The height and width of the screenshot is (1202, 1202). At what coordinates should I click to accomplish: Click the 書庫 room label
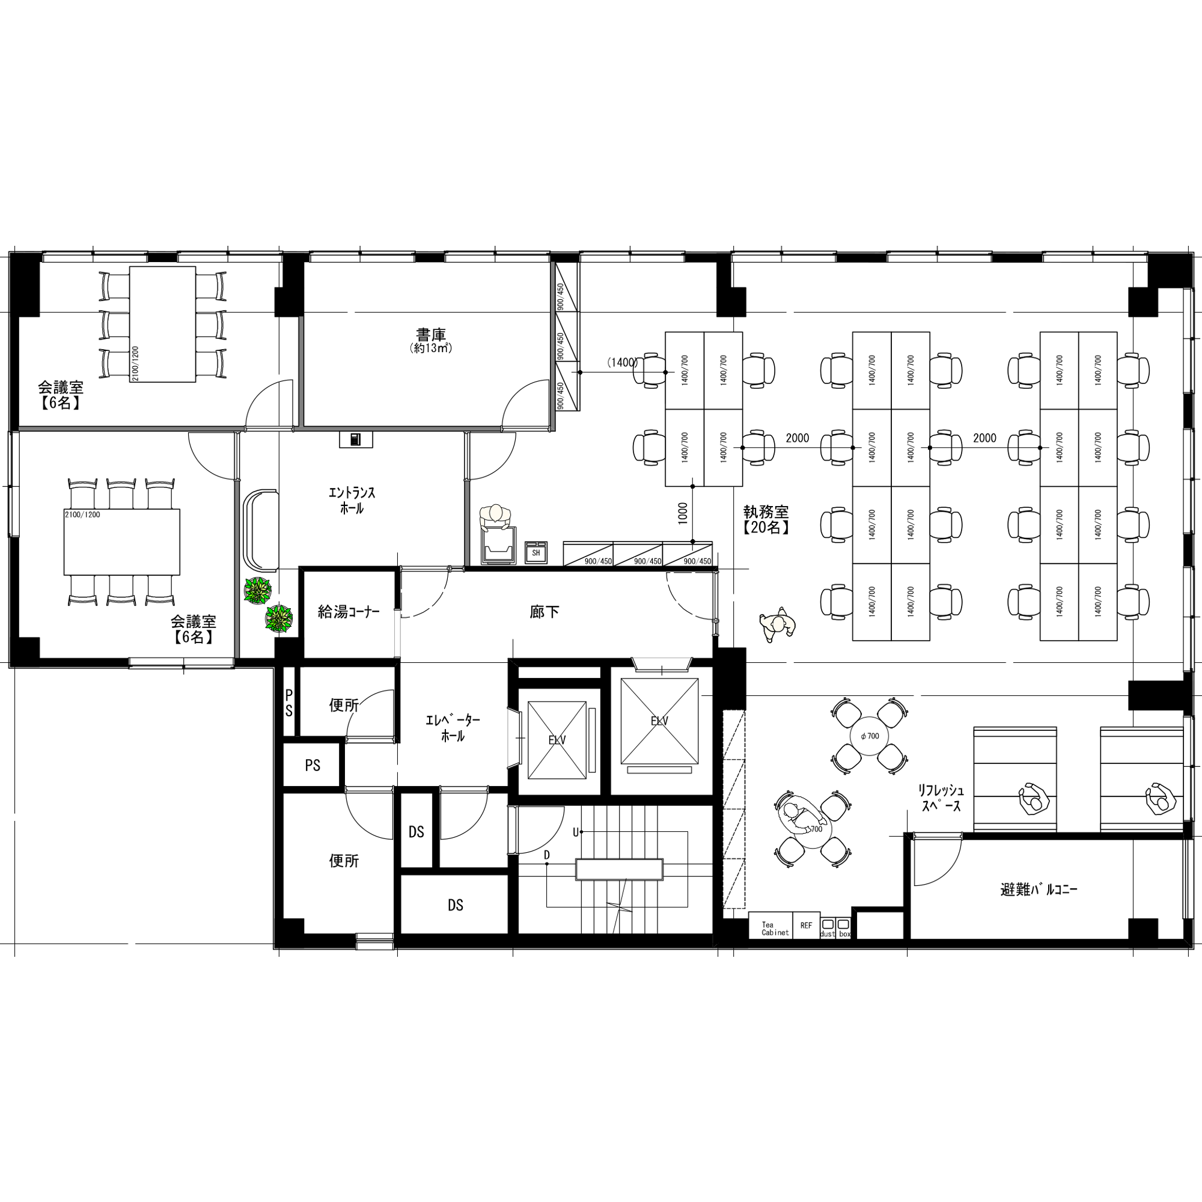(430, 335)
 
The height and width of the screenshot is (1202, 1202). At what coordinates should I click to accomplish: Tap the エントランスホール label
(352, 500)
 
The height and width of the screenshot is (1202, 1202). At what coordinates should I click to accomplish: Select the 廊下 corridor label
(545, 612)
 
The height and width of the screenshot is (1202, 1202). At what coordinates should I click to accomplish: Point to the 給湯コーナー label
(349, 612)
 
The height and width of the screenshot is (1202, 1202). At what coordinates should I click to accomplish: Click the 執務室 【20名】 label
(766, 519)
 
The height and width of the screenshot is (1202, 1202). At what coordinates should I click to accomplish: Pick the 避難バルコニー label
(1039, 889)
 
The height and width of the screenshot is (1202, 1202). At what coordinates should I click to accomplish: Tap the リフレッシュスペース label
(941, 798)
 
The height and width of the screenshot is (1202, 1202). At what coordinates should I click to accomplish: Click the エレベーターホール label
(453, 728)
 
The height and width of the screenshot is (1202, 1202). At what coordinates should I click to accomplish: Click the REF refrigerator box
(807, 926)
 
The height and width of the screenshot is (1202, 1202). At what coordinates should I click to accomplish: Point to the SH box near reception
(535, 552)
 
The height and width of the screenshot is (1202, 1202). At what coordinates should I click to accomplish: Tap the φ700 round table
(869, 736)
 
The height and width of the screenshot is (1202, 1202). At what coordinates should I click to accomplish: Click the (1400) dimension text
(622, 362)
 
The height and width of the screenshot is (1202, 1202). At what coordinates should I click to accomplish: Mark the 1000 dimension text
(683, 513)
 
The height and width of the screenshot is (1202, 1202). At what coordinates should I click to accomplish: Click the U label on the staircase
(576, 832)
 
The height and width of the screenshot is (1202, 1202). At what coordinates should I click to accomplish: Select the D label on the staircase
(547, 855)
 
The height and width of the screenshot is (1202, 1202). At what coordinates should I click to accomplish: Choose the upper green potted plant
(258, 590)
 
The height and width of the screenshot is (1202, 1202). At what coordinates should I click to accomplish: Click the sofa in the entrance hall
(262, 529)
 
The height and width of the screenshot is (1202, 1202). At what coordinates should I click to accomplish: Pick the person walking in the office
(777, 624)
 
